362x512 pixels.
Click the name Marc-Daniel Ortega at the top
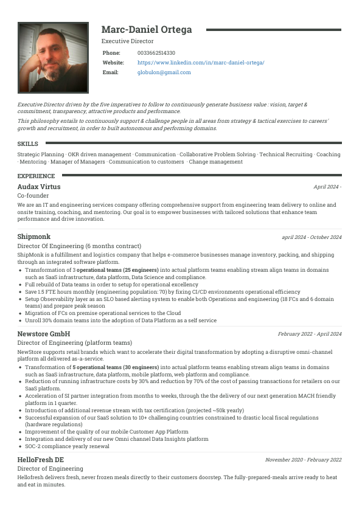(146, 30)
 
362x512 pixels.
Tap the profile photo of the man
(54, 58)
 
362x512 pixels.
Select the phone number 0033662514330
(156, 53)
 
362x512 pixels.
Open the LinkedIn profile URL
(201, 63)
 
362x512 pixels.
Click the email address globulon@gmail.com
(164, 72)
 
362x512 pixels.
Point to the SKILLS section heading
(28, 144)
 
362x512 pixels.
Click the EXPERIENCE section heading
(36, 176)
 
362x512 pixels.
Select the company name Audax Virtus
(39, 187)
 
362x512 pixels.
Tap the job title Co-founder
(33, 196)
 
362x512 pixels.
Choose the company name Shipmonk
(34, 237)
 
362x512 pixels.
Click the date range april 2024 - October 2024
(312, 237)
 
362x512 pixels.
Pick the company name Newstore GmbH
(44, 334)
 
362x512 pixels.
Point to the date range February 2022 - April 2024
(310, 334)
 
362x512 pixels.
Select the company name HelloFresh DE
(41, 460)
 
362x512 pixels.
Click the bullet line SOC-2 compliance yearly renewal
(67, 446)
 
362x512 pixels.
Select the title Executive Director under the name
(127, 41)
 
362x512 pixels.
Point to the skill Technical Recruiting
(286, 154)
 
